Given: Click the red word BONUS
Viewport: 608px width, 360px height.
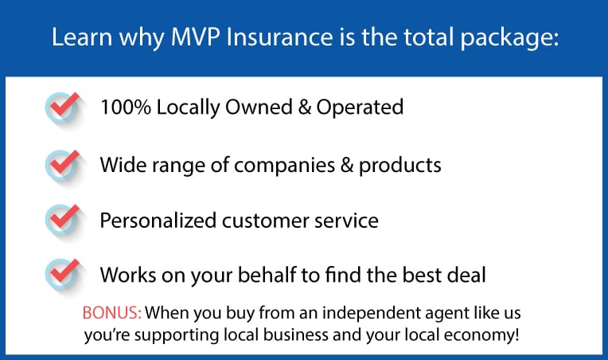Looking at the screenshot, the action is click(x=111, y=313).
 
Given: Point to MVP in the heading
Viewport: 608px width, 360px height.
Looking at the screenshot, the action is click(x=196, y=37).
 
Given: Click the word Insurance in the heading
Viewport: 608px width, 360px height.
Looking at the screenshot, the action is click(x=279, y=37).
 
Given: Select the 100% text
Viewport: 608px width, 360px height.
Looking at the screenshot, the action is click(x=126, y=107).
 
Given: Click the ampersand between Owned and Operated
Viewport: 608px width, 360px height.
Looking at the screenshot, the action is click(x=305, y=107).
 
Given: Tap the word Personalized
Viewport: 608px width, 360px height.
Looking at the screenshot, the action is click(x=158, y=221).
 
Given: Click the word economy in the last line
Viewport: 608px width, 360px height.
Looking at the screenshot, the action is click(x=481, y=335).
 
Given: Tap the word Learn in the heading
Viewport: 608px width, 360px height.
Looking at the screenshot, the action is click(x=82, y=37).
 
